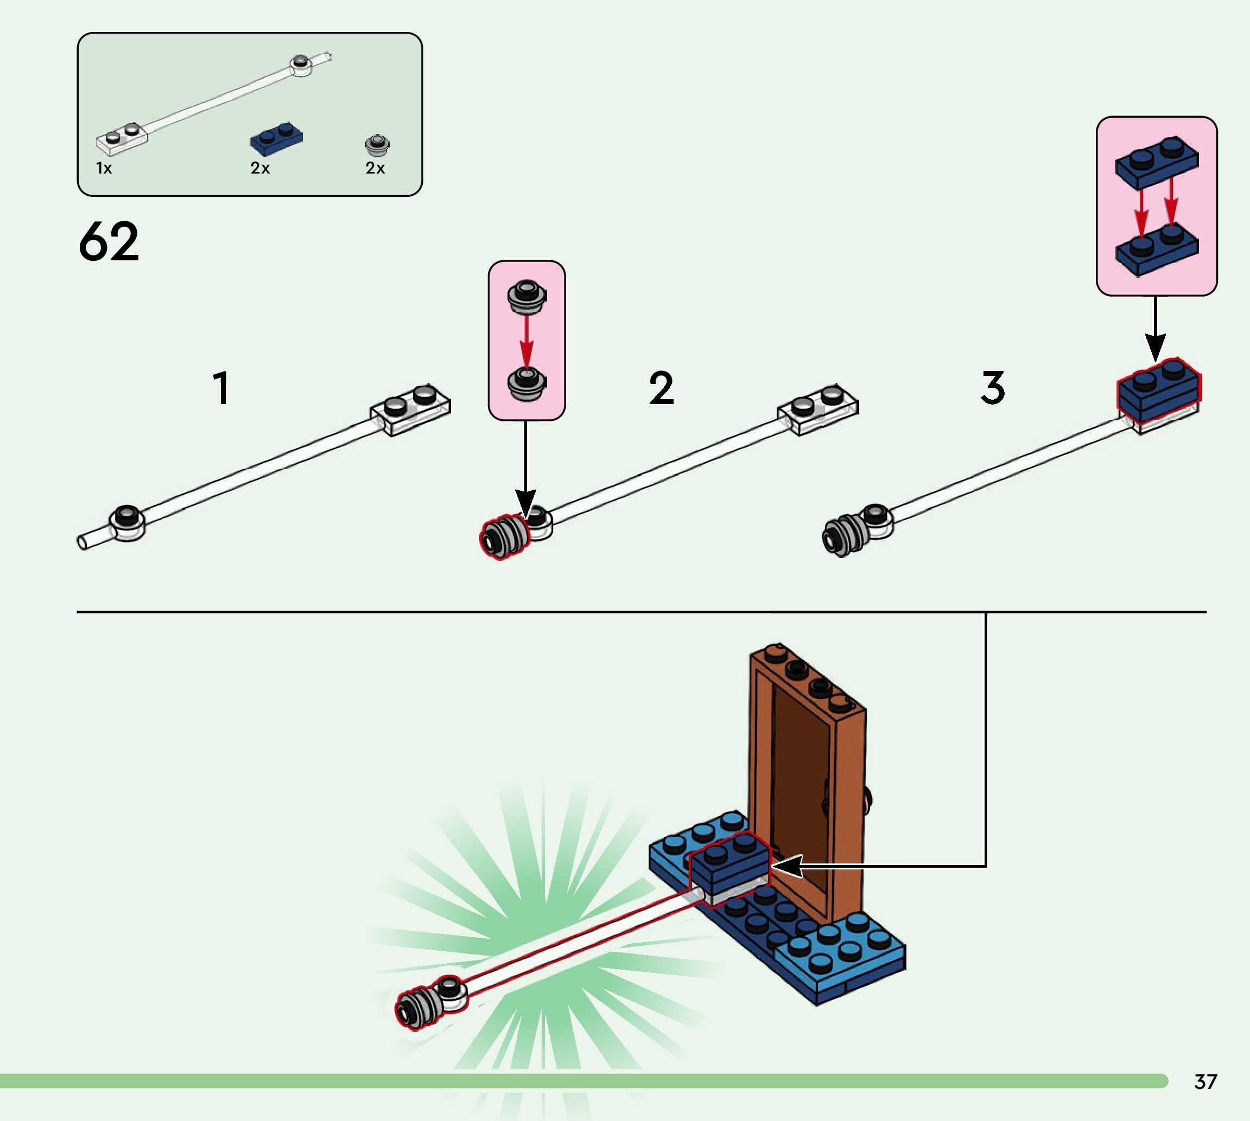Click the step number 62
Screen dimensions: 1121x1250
click(109, 241)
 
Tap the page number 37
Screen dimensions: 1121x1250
click(1205, 1081)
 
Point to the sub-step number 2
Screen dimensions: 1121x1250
click(662, 388)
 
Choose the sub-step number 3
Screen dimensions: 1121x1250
click(992, 388)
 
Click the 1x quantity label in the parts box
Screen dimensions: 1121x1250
click(104, 168)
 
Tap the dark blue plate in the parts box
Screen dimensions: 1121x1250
click(276, 140)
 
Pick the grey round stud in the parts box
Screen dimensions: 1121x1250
click(377, 145)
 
